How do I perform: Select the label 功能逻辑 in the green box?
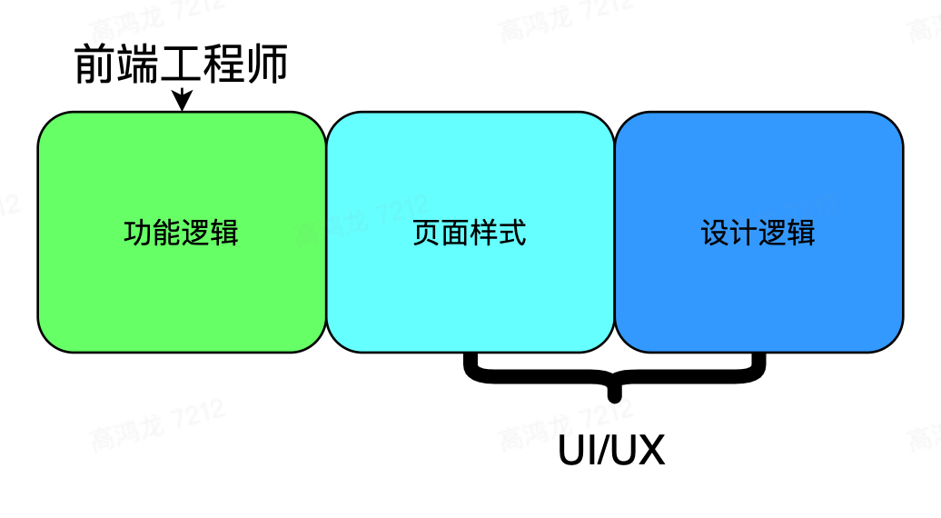(x=181, y=233)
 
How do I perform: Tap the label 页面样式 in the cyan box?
(x=470, y=233)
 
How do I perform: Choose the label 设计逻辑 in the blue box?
(x=758, y=233)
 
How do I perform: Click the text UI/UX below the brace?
(x=611, y=452)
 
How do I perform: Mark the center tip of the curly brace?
(x=617, y=396)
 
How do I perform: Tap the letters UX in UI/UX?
(x=640, y=452)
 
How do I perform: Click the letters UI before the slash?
(x=575, y=452)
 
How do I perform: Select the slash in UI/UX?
(x=604, y=452)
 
